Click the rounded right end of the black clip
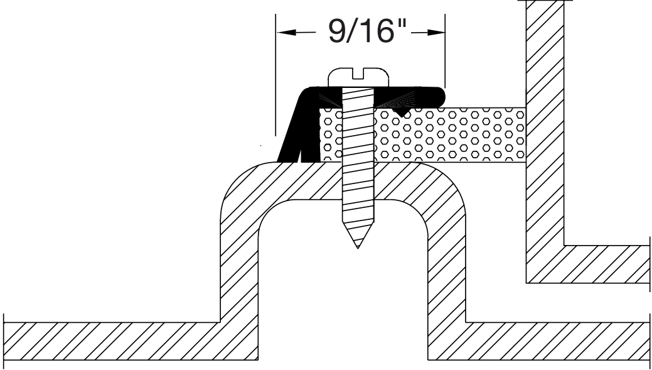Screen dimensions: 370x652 (439, 95)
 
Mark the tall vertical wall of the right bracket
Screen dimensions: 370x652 (545, 138)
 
